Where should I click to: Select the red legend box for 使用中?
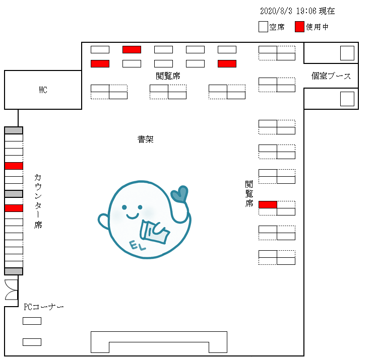(x=299, y=27)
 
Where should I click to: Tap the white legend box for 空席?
(x=263, y=27)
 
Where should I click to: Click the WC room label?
(x=43, y=90)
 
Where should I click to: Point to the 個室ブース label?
(x=331, y=76)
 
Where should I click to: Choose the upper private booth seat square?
(x=347, y=53)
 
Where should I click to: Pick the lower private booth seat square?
(x=347, y=99)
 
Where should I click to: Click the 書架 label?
(x=145, y=139)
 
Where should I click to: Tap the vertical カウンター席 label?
(x=38, y=201)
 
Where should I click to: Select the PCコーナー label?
(x=44, y=307)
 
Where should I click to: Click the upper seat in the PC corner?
(x=32, y=321)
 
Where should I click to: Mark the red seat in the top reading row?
(x=132, y=49)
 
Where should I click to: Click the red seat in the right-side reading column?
(x=268, y=204)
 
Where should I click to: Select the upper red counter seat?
(x=14, y=166)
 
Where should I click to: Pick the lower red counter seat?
(x=14, y=208)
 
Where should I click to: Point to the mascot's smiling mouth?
(x=132, y=216)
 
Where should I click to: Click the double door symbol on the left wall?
(x=11, y=289)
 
